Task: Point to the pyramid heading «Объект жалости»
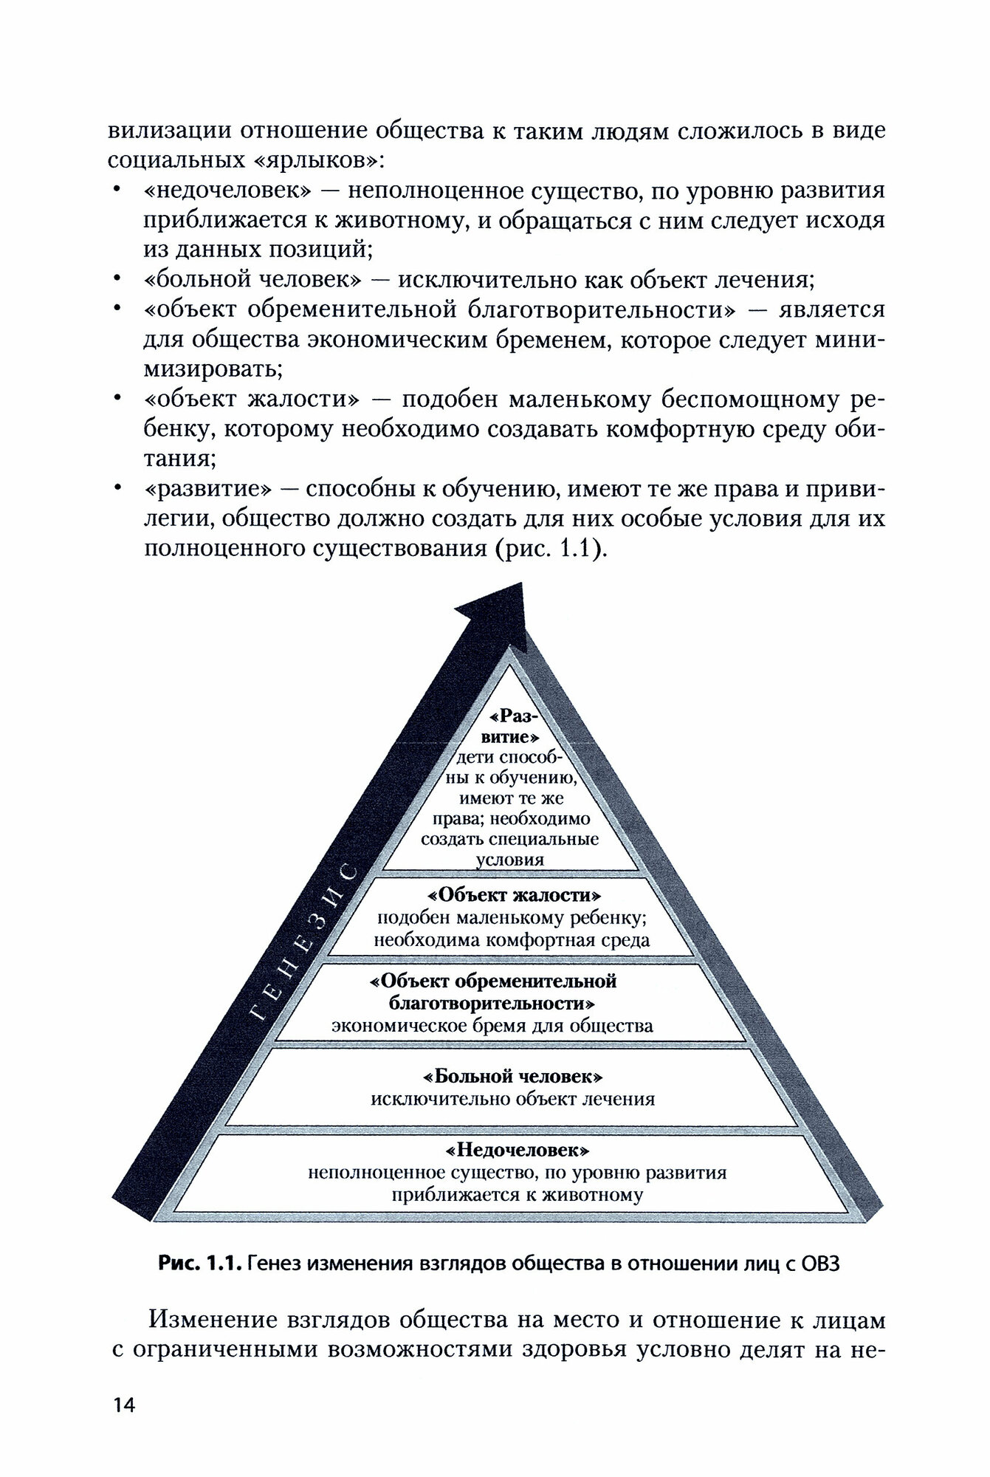514,896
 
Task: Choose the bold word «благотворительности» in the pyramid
492,1004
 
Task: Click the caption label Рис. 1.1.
199,1264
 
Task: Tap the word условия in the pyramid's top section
510,860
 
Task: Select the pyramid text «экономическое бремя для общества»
492,1026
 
